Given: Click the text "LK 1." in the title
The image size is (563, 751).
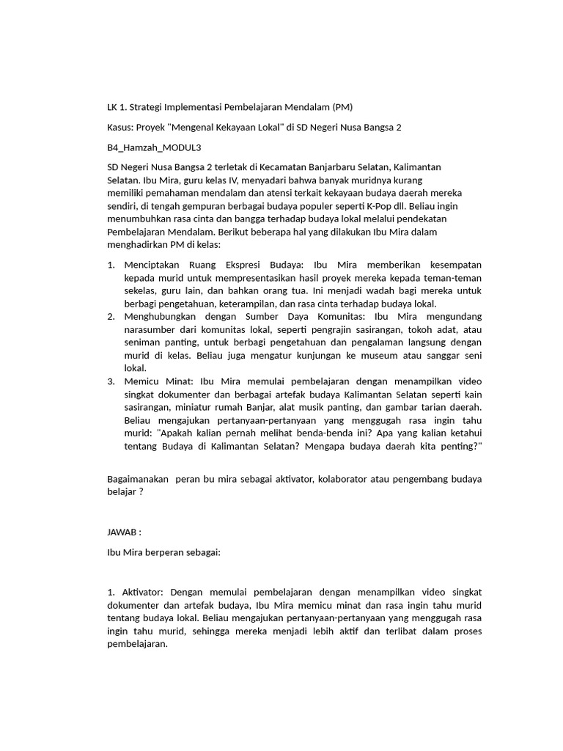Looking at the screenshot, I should click(x=118, y=107).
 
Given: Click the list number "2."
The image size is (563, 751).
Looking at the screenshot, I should click(x=111, y=316).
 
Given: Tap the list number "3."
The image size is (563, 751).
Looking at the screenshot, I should click(x=111, y=381).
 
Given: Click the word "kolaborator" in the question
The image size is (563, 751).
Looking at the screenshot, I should click(x=333, y=479).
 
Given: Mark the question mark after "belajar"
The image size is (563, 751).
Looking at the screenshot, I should click(x=141, y=492).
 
